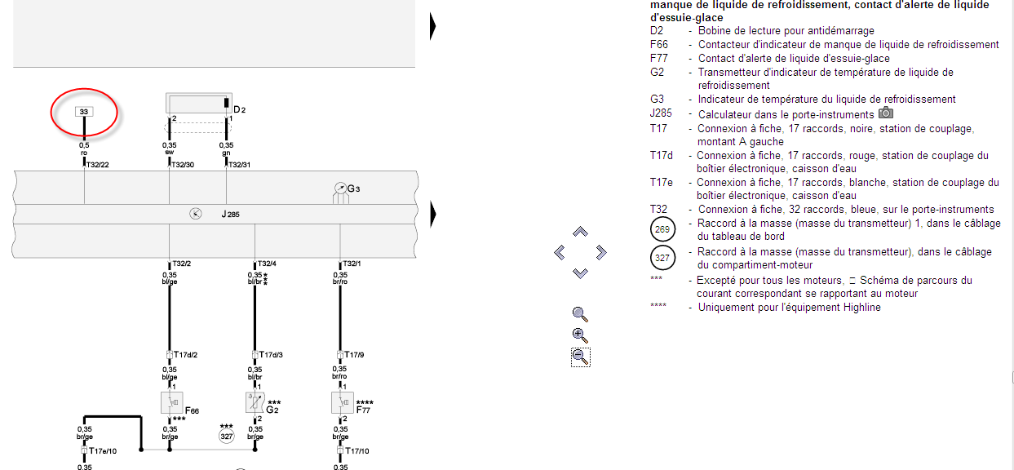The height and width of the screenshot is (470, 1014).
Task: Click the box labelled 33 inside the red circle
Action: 84,111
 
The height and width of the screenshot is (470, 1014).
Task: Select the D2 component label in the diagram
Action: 239,109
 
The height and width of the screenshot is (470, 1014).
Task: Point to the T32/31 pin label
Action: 239,165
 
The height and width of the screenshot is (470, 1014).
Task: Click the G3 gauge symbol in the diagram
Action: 339,190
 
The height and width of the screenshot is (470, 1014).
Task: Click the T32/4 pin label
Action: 266,264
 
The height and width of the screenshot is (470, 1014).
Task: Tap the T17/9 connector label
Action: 353,355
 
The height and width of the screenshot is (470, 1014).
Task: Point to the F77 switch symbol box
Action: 341,402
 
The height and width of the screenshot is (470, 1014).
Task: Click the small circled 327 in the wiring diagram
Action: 226,437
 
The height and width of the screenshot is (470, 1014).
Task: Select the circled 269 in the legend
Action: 662,229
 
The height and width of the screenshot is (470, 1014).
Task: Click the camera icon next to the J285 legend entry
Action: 885,113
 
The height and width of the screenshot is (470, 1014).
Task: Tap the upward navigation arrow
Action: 580,233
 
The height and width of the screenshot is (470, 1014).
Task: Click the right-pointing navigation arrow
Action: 601,253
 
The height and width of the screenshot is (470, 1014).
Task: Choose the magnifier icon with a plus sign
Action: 580,335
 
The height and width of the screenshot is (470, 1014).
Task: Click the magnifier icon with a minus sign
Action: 580,357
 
